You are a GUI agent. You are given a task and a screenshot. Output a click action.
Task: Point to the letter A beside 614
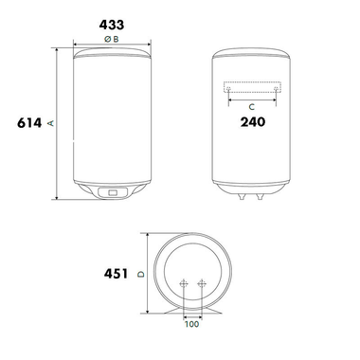pos(52,123)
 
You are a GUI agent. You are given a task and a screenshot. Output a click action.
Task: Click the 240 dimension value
pos(252,121)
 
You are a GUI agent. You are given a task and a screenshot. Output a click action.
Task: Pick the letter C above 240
pos(252,105)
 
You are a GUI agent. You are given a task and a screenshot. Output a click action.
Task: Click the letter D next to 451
pos(140,275)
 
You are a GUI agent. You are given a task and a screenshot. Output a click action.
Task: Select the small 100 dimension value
pos(193,324)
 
